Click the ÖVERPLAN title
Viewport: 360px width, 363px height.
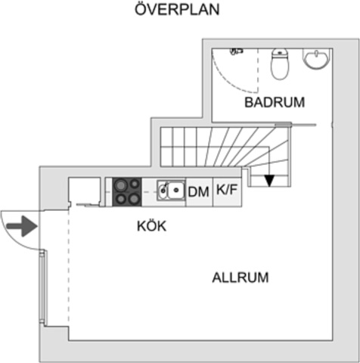click(177, 9)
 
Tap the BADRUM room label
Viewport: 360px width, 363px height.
click(275, 102)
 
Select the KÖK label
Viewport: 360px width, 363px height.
click(152, 226)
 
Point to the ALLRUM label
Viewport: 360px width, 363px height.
click(241, 278)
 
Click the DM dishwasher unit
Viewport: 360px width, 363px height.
click(199, 192)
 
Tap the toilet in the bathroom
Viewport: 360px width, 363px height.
click(279, 64)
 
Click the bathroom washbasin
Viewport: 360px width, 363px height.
click(316, 58)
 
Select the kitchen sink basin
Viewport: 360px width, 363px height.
click(176, 190)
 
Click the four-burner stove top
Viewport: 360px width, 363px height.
click(127, 192)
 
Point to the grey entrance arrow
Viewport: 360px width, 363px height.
click(22, 226)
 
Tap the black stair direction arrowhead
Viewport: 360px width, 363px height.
click(269, 181)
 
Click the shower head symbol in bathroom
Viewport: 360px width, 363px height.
click(236, 51)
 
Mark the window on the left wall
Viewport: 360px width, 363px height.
click(42, 288)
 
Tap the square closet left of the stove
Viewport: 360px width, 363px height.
click(85, 191)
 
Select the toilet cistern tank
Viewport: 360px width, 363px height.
click(280, 53)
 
